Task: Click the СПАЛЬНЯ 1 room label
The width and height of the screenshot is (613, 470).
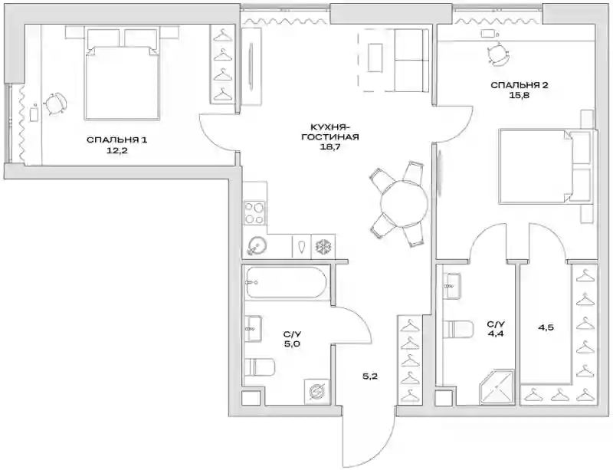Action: (117, 140)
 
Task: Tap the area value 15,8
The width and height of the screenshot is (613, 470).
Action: (520, 95)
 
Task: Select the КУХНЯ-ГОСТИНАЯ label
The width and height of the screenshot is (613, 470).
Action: (329, 132)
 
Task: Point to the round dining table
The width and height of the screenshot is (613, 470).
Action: (405, 203)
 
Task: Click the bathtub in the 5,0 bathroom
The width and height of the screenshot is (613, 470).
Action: (285, 283)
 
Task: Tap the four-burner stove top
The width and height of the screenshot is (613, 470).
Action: (254, 212)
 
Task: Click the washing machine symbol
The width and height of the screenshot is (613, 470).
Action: (316, 391)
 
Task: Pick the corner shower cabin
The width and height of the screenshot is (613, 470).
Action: (496, 386)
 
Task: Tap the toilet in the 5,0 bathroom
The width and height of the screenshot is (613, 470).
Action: (260, 367)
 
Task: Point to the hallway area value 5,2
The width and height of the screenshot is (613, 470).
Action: (370, 377)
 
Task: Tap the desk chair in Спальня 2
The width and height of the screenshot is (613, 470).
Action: (498, 53)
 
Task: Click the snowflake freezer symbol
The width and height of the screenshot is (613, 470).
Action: (323, 247)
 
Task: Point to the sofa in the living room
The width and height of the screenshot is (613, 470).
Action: (411, 61)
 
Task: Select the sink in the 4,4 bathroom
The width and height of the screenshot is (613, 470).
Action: (452, 286)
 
